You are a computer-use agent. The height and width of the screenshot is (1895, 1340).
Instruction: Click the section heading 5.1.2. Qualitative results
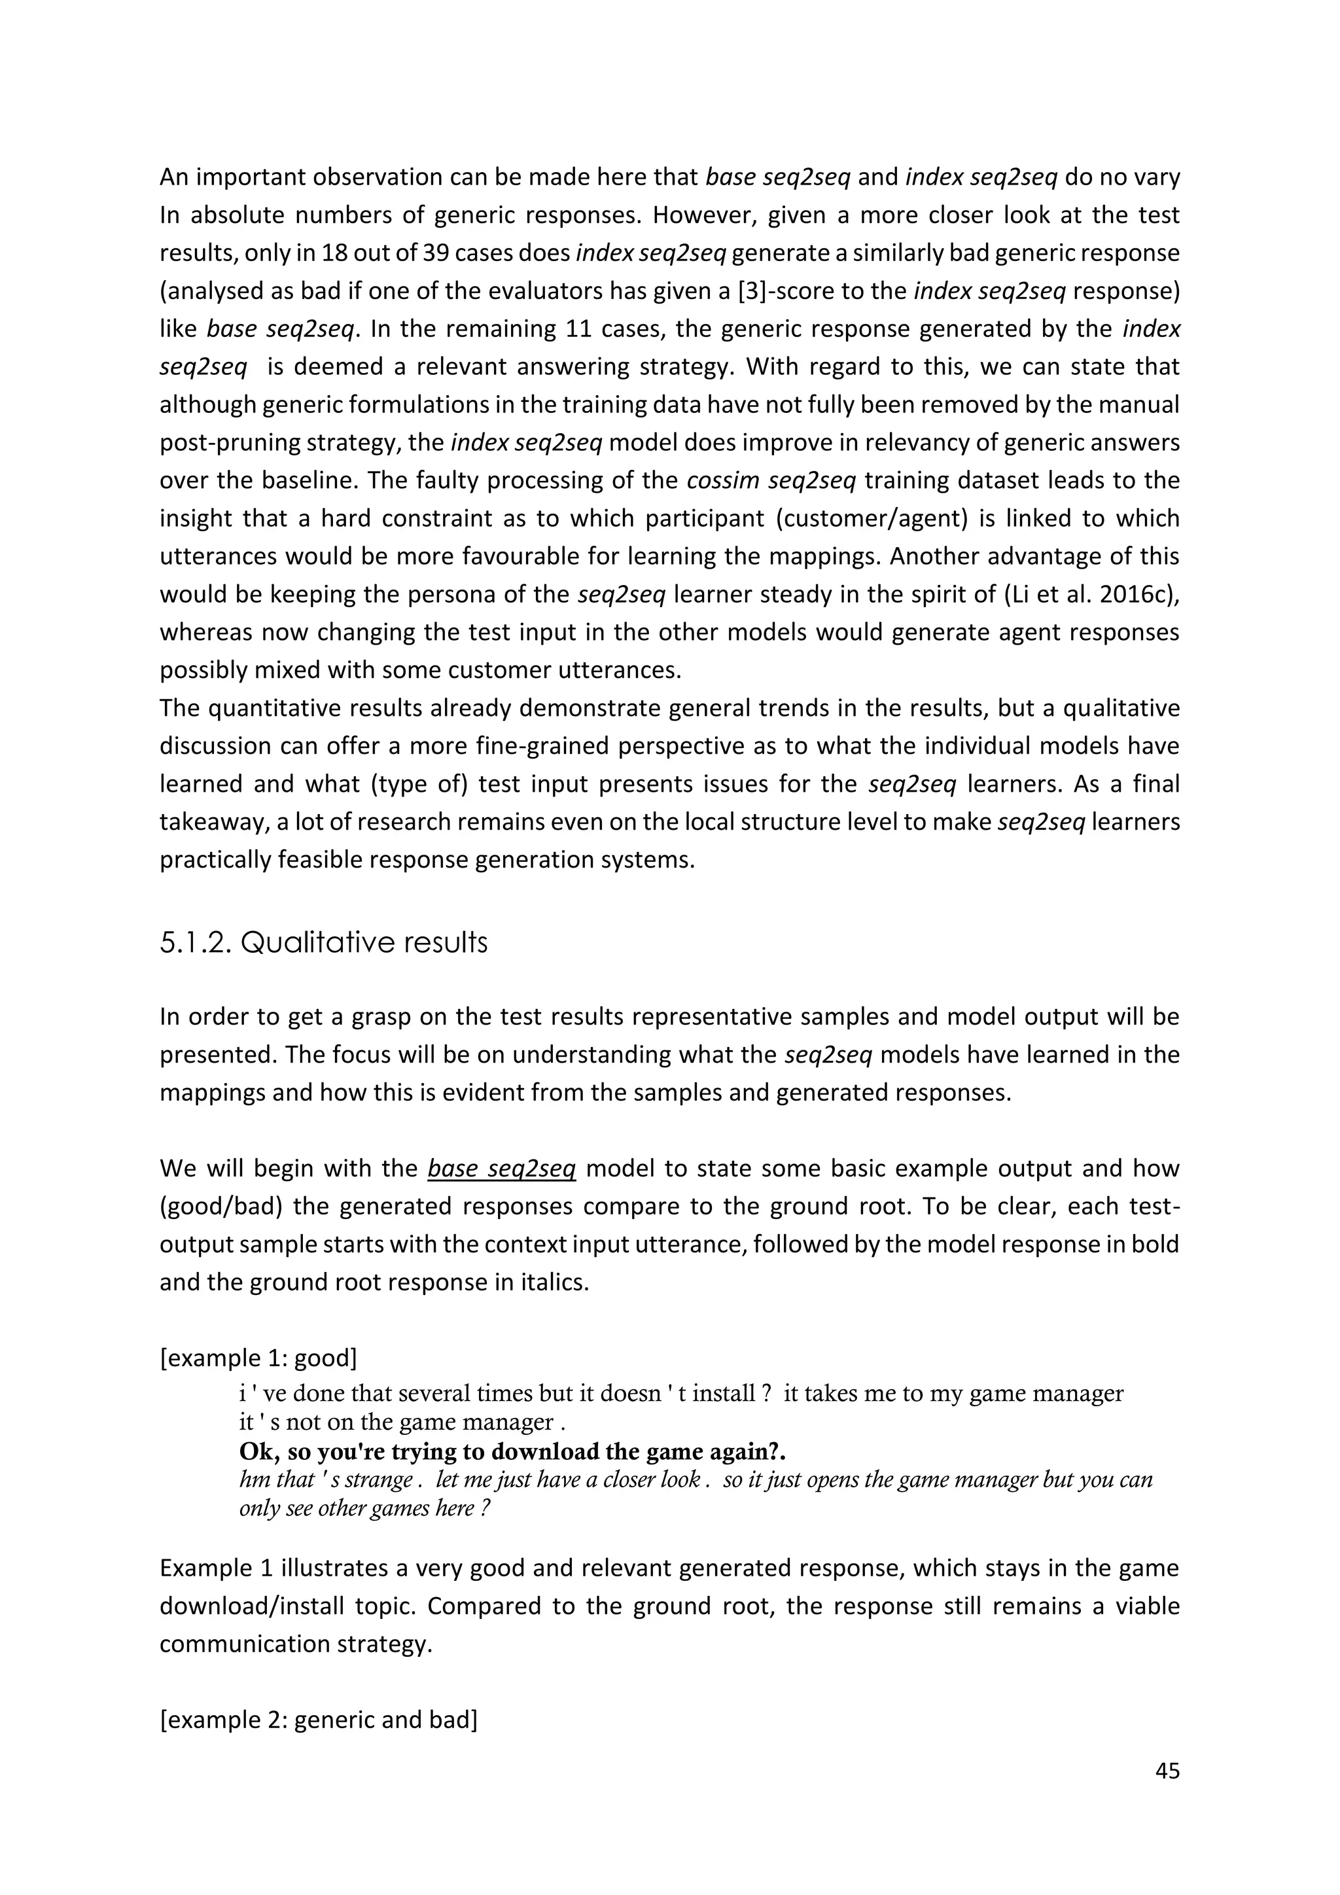point(323,942)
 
